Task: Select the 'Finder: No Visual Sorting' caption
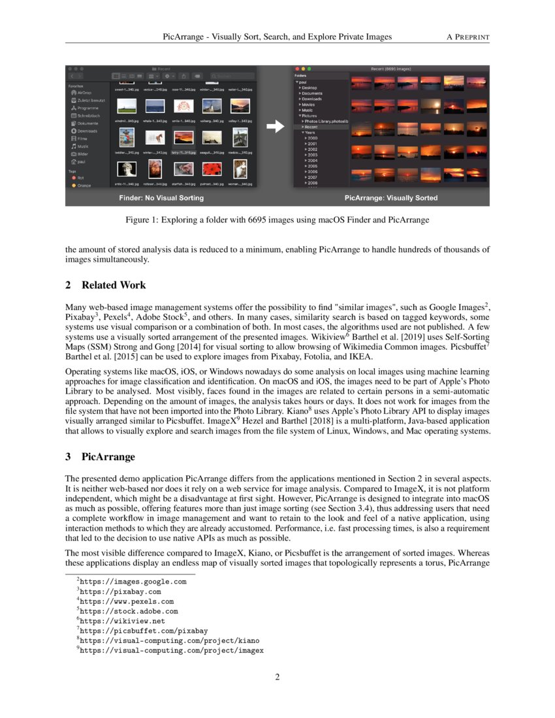[x=161, y=197]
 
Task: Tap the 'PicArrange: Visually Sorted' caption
[x=390, y=197]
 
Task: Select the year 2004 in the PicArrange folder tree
[x=312, y=160]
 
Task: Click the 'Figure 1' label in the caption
[x=142, y=221]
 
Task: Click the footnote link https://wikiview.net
[x=121, y=621]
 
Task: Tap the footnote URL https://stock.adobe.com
[x=128, y=612]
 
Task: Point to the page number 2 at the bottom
[x=277, y=677]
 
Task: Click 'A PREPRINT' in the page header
[x=468, y=37]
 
